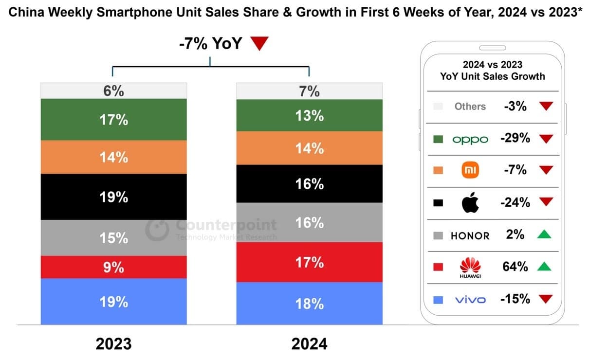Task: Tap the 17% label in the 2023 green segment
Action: pos(114,120)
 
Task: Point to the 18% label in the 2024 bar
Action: pos(310,304)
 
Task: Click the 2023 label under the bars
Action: pos(113,343)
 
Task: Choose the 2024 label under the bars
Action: pos(310,343)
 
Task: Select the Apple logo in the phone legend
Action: pos(470,202)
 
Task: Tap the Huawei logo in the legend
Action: pos(470,267)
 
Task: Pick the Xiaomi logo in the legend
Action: pos(470,170)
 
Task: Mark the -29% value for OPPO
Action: pos(515,138)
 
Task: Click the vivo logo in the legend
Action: pos(470,300)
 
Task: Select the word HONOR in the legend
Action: pos(470,235)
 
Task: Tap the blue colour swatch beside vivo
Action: pos(438,300)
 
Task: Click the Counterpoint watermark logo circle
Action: pos(157,229)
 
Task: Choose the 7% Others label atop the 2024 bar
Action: pos(310,91)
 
